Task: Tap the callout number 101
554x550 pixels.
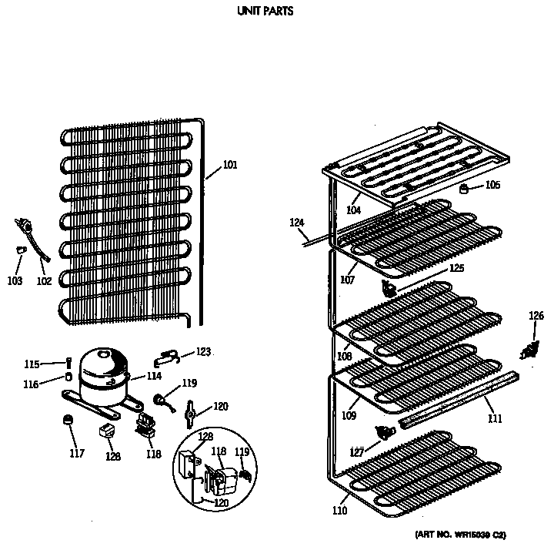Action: click(230, 164)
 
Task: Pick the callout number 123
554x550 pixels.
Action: click(202, 352)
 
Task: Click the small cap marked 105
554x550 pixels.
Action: click(465, 187)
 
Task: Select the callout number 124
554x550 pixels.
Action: click(297, 223)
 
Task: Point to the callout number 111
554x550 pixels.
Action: click(494, 418)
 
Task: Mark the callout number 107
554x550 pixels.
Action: click(348, 280)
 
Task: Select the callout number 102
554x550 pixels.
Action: click(44, 281)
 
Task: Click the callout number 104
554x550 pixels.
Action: click(353, 210)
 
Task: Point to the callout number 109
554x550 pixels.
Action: click(349, 417)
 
